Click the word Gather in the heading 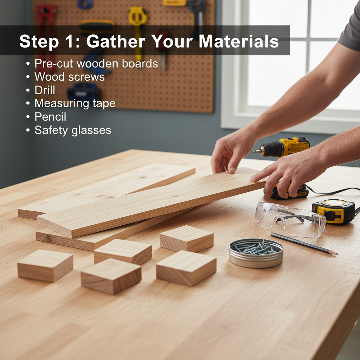tap(116, 41)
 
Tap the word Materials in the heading tap(238, 41)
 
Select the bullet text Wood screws tap(69, 77)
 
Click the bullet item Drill tap(45, 90)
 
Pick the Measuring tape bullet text tap(75, 103)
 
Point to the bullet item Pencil tap(50, 117)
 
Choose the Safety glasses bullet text tap(72, 130)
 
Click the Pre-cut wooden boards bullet tap(96, 64)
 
